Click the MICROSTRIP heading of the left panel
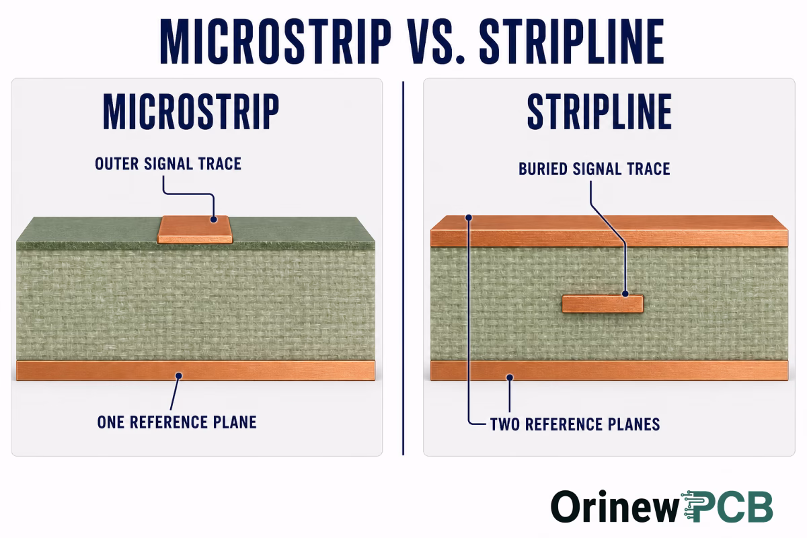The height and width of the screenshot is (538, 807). coord(191,112)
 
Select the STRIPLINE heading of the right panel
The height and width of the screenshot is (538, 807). coord(599,112)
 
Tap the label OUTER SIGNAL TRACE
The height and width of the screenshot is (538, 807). coord(168,164)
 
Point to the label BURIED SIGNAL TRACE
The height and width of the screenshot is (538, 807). coord(594,169)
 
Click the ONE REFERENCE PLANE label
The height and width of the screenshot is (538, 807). coord(177,422)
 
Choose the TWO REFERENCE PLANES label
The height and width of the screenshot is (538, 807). coord(575,424)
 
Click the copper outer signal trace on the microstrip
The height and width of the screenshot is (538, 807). coord(195,229)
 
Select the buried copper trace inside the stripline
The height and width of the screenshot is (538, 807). coord(603,304)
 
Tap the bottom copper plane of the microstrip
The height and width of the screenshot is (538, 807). coord(196,371)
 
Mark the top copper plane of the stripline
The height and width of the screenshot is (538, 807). coord(609,231)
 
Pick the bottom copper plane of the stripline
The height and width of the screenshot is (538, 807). coord(609,371)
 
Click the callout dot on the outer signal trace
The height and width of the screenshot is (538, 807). coord(214,219)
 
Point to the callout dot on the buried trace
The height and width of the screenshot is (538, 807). coord(625,294)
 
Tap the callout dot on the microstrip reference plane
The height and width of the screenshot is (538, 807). coord(179,376)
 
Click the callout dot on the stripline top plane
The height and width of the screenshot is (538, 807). coord(469,218)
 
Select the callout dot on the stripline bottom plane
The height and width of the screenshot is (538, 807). coord(510,378)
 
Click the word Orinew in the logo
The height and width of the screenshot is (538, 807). coord(615,507)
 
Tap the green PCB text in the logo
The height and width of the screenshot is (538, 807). coord(727,507)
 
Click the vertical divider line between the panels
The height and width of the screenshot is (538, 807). coord(403,268)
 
